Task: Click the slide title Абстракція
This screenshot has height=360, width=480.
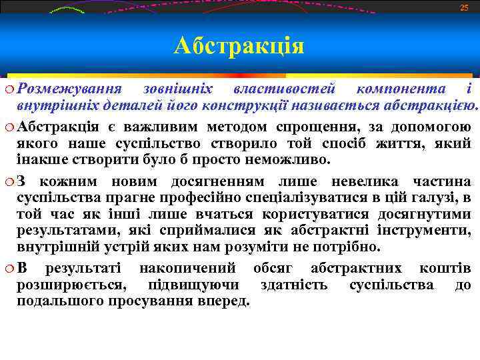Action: (x=239, y=46)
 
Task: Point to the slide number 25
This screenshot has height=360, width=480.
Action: (x=464, y=7)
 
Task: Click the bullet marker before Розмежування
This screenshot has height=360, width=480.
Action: (x=8, y=89)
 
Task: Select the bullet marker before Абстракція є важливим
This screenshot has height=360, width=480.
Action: (x=8, y=127)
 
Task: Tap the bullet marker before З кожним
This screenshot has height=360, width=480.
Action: (x=8, y=182)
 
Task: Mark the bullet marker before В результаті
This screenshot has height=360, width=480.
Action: (x=8, y=269)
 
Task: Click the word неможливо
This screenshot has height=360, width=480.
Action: (x=291, y=160)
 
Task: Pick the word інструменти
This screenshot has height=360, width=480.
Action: (x=433, y=231)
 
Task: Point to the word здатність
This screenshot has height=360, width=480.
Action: (x=294, y=285)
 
